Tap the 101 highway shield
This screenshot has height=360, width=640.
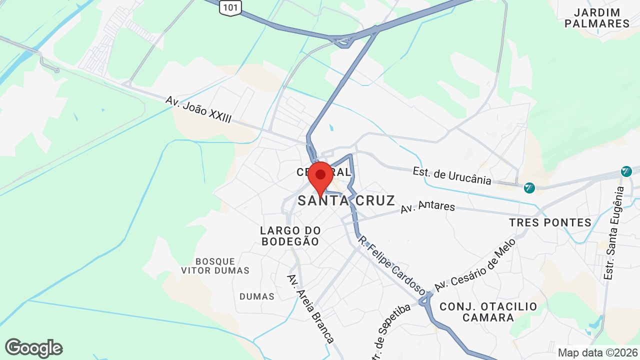pos(230,7)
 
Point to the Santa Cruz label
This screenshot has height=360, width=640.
pos(346,201)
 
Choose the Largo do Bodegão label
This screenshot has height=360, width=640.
pos(289,236)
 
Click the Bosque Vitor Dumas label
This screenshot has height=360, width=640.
pos(215,266)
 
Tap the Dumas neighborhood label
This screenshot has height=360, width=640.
pos(257,296)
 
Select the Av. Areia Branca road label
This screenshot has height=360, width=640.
pos(310,308)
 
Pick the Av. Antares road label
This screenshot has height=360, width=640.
pos(427,207)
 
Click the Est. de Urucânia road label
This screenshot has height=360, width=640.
pos(452,175)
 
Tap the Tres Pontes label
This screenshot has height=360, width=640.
pos(550,222)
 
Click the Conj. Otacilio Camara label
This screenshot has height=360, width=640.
pos(488,312)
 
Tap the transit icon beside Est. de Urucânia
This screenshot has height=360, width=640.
pos(529,188)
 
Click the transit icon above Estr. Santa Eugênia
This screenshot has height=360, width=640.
pos(626,171)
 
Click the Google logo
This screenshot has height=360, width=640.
pos(33,348)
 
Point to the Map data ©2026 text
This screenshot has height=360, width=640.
pos(597,352)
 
